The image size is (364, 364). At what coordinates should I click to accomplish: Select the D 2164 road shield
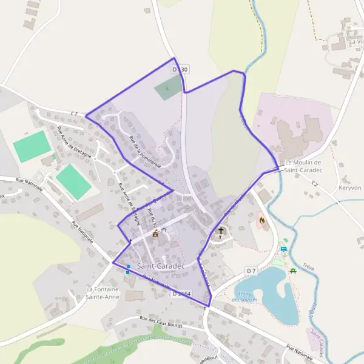click(181, 294)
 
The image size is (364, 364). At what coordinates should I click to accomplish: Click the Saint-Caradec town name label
click(160, 266)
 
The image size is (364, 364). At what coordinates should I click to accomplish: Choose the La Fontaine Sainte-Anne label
click(102, 293)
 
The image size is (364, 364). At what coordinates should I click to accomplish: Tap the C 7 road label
click(75, 113)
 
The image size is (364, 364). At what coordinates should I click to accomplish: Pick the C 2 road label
click(314, 184)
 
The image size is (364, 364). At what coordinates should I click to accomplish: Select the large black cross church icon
click(221, 231)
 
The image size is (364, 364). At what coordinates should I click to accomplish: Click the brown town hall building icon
click(156, 233)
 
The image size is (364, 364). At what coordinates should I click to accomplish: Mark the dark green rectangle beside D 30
click(167, 89)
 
